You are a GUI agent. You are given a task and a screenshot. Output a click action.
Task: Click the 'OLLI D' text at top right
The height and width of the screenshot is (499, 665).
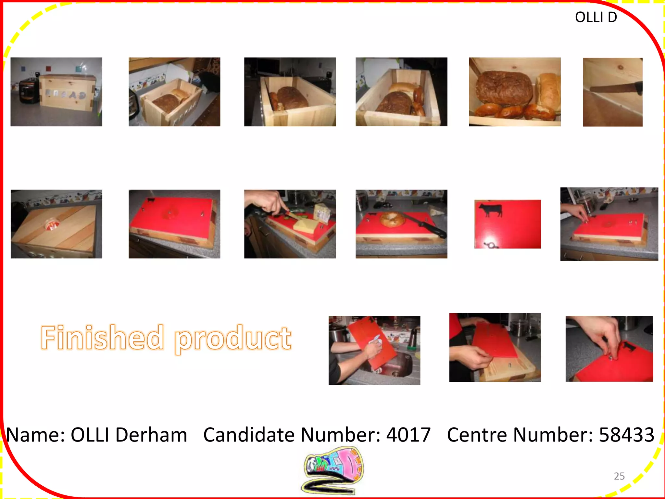(596, 17)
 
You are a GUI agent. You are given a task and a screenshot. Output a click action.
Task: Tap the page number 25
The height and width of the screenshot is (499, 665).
(619, 476)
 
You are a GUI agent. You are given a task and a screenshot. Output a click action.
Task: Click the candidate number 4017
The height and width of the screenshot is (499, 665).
(408, 435)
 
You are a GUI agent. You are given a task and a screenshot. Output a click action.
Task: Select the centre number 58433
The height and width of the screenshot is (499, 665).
(626, 435)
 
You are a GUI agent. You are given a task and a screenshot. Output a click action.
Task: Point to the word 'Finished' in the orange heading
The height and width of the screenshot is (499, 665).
(102, 338)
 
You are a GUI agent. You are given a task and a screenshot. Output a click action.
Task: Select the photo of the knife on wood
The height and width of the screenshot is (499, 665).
(612, 92)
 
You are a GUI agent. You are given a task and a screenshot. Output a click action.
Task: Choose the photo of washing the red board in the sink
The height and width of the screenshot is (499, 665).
(374, 350)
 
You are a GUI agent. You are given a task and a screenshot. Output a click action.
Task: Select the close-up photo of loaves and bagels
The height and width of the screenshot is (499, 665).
(514, 92)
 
